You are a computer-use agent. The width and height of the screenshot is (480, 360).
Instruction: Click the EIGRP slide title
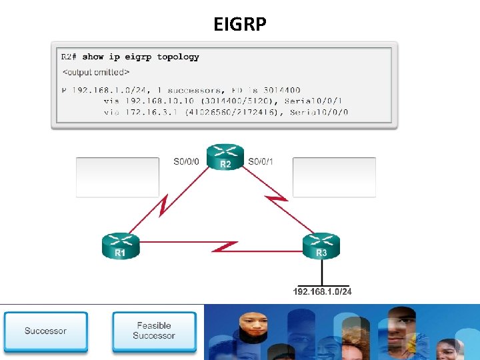[x=240, y=24]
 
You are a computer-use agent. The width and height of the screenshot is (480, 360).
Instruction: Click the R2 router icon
[x=225, y=157]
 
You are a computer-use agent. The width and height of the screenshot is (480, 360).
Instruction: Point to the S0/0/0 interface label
[x=186, y=161]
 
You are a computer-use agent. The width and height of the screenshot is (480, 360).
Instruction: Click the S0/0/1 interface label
[x=261, y=161]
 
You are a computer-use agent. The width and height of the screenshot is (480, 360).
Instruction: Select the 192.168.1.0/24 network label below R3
[x=322, y=291]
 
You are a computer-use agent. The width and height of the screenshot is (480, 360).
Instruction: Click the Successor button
[x=45, y=331]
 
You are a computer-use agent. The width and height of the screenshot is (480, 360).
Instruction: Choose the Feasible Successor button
[x=154, y=331]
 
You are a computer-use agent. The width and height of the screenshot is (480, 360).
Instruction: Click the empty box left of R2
[x=118, y=177]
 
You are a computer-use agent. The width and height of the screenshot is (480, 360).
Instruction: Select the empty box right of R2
[x=334, y=177]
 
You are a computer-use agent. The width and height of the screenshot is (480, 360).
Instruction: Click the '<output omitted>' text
[x=96, y=71]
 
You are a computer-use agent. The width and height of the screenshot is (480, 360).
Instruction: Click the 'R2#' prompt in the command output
[x=69, y=57]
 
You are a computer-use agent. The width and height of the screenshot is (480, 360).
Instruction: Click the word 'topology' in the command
[x=178, y=57]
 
